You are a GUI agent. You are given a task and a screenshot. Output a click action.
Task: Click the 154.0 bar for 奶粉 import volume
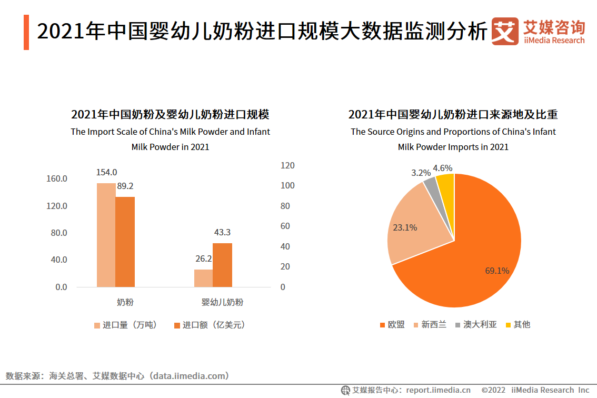coord(106,235)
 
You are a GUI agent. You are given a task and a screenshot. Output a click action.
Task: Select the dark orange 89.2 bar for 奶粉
coord(125,242)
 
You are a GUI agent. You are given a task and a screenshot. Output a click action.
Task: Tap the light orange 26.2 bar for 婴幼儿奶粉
coord(203,278)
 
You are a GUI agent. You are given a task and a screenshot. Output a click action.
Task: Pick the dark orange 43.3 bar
coord(222,265)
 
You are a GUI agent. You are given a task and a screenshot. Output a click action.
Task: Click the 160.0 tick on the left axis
coord(57,179)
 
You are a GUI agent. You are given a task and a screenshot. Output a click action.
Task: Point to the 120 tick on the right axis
coord(287,165)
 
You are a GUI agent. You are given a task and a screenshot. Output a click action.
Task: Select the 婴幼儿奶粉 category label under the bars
coord(222,302)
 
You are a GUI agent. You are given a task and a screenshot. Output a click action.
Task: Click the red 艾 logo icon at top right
coord(504,32)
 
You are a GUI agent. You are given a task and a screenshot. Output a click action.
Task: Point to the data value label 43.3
coord(222,232)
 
